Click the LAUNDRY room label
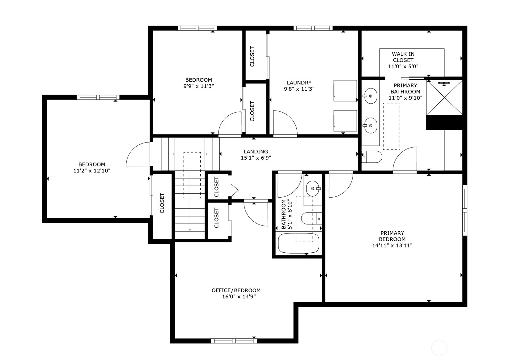pyautogui.click(x=299, y=83)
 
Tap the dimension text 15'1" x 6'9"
pyautogui.click(x=256, y=158)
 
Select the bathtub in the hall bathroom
pyautogui.click(x=298, y=243)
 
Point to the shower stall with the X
pyautogui.click(x=444, y=98)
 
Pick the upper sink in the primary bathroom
pyautogui.click(x=370, y=96)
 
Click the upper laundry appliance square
pyautogui.click(x=345, y=91)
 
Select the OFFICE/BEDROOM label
pyautogui.click(x=236, y=290)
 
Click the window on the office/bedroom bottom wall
pyautogui.click(x=234, y=341)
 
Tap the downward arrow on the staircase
pyautogui.click(x=190, y=216)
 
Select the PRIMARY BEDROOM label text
pyautogui.click(x=392, y=236)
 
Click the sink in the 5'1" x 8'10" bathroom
pyautogui.click(x=313, y=188)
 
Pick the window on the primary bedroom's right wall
pyautogui.click(x=464, y=210)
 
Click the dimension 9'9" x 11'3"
pyautogui.click(x=198, y=86)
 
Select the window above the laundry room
pyautogui.click(x=313, y=28)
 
